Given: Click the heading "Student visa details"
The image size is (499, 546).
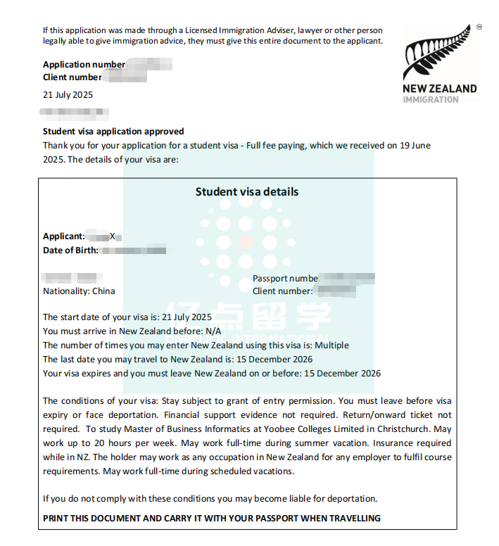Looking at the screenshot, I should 246,191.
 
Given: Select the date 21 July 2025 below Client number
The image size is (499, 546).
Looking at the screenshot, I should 68,94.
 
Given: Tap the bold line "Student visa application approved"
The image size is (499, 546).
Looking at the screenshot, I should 113,131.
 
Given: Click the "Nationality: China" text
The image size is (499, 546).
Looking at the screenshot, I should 79,291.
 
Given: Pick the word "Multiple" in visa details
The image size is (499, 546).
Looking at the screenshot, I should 331,345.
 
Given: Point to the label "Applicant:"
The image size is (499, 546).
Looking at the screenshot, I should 64,236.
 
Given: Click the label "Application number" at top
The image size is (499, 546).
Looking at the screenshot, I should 84,65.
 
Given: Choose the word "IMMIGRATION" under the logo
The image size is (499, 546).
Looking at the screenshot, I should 430,100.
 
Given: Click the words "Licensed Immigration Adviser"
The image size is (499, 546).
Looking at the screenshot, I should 229,30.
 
